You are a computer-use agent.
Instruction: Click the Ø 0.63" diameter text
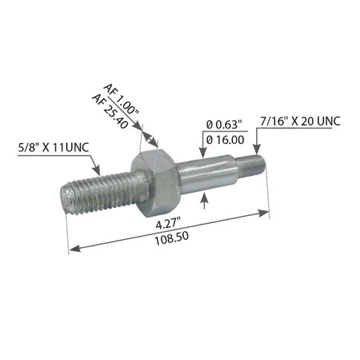point(222,124)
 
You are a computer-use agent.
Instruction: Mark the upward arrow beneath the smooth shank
point(205,194)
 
